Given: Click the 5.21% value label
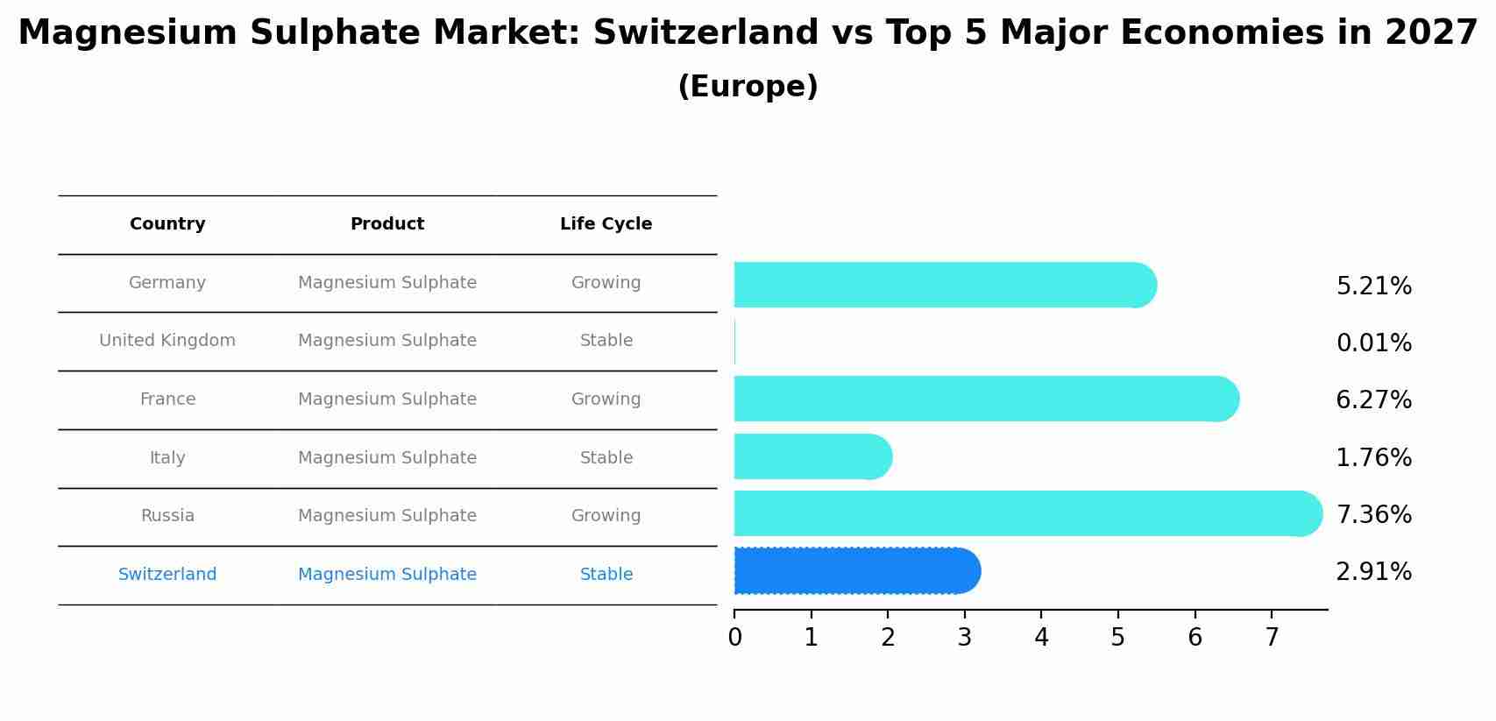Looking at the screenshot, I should pos(1373,286).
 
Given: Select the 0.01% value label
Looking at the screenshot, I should pos(1373,343).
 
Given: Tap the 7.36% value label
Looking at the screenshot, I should pos(1373,514).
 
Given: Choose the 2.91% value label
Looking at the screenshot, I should pos(1373,572).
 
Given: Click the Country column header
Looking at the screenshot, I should pos(167,224).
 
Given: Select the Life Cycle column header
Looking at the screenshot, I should pos(606,224).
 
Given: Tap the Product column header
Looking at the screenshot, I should pos(387,224).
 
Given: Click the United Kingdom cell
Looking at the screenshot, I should pos(167,341).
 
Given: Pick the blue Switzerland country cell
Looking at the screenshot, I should pos(167,575).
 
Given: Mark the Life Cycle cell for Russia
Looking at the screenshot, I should pos(606,516).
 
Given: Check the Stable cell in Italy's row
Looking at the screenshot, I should pos(606,458).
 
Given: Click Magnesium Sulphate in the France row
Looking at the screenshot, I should pos(387,399).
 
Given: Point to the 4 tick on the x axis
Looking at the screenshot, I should pos(1041,638).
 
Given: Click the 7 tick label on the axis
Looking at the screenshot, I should pos(1272,638).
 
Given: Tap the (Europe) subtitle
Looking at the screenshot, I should pos(748,87).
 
